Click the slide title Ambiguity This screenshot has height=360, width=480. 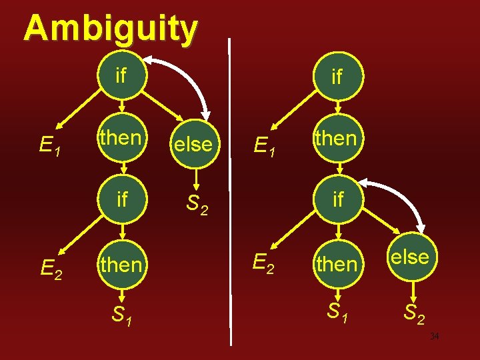(111, 28)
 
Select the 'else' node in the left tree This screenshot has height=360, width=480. (192, 144)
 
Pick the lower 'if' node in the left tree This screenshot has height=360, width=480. (121, 199)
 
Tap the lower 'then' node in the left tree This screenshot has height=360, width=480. (121, 265)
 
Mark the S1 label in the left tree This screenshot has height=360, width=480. (121, 315)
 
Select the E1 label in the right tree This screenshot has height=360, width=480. (267, 144)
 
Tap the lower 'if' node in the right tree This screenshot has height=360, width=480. (337, 199)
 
